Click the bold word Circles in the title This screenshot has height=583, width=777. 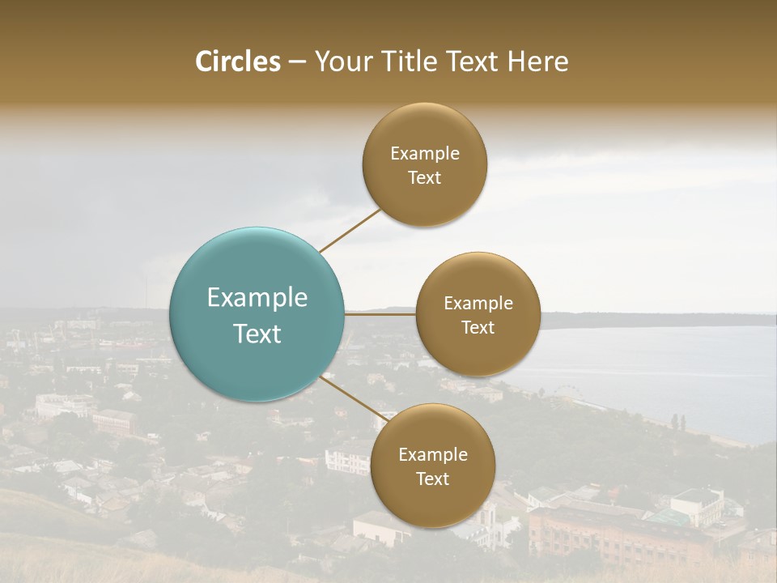(x=237, y=62)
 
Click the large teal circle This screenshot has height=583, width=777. (x=257, y=315)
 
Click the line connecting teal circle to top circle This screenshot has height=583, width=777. (x=350, y=231)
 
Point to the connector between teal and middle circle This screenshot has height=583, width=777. (x=380, y=314)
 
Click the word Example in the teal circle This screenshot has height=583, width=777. (x=257, y=298)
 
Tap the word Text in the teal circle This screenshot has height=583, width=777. (x=257, y=334)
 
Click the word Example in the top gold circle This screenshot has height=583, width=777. (x=425, y=154)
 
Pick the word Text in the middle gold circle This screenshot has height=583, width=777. (x=478, y=328)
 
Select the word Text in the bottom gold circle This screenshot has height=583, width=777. (x=432, y=479)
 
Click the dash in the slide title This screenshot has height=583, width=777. (x=296, y=62)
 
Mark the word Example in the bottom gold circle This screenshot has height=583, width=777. (x=432, y=455)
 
